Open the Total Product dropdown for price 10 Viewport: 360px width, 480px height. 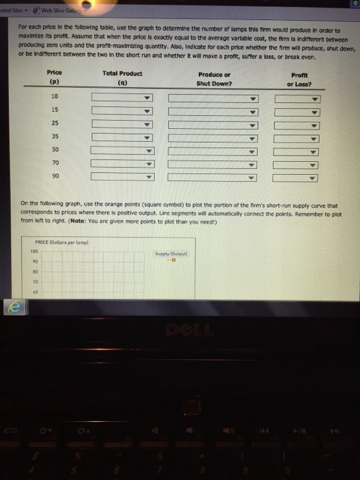pyautogui.click(x=121, y=97)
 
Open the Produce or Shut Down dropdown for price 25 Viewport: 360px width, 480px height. pyautogui.click(x=214, y=124)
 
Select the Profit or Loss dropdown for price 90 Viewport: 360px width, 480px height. pyautogui.click(x=298, y=176)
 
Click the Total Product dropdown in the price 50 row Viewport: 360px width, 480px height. pyautogui.click(x=121, y=150)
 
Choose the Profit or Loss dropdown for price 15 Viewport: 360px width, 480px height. pyautogui.click(x=298, y=111)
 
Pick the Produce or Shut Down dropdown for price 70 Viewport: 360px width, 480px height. pyautogui.click(x=214, y=164)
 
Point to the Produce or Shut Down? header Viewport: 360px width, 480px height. pyautogui.click(x=214, y=78)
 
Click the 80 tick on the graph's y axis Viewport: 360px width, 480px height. pyautogui.click(x=31, y=272)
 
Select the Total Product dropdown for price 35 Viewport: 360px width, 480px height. pyautogui.click(x=121, y=137)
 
